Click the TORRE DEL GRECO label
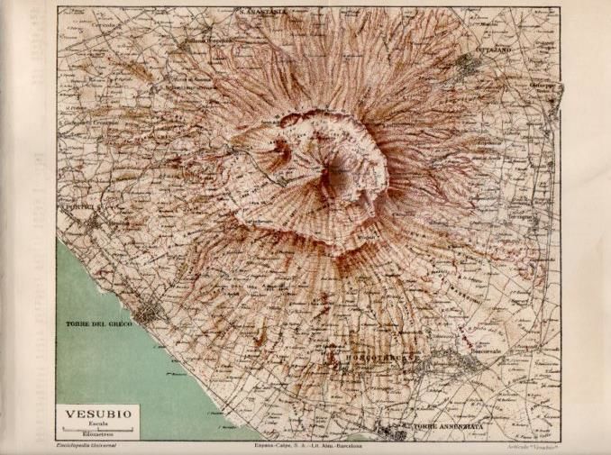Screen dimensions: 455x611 [x=99, y=323]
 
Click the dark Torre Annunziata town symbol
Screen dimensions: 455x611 [x=389, y=431]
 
